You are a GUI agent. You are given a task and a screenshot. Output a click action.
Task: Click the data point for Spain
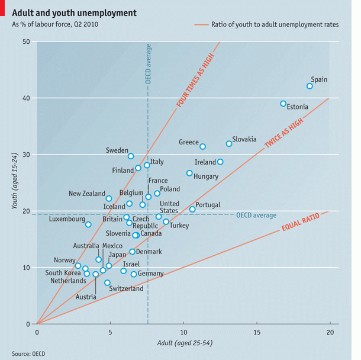[x=310, y=86]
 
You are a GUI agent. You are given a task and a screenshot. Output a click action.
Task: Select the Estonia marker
[x=283, y=104]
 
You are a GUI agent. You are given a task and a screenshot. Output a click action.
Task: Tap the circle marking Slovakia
[x=229, y=143]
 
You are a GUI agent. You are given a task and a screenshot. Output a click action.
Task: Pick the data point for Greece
[x=202, y=146]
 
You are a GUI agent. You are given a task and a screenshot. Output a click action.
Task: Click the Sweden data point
[x=131, y=156]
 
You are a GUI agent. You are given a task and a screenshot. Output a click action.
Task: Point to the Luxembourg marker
[x=88, y=224]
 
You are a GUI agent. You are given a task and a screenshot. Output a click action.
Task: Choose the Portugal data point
[x=192, y=209]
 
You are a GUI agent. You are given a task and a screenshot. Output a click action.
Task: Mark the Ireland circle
[x=220, y=162]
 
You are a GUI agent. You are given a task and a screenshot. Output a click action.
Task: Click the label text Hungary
[x=206, y=176]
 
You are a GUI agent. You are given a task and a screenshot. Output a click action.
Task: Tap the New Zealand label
[x=87, y=194]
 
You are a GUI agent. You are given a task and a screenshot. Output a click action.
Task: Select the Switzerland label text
[x=126, y=289]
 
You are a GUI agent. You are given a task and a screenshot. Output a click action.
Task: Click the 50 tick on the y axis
[x=27, y=41]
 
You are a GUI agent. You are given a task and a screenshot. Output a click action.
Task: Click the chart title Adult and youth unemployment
[x=74, y=12]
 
